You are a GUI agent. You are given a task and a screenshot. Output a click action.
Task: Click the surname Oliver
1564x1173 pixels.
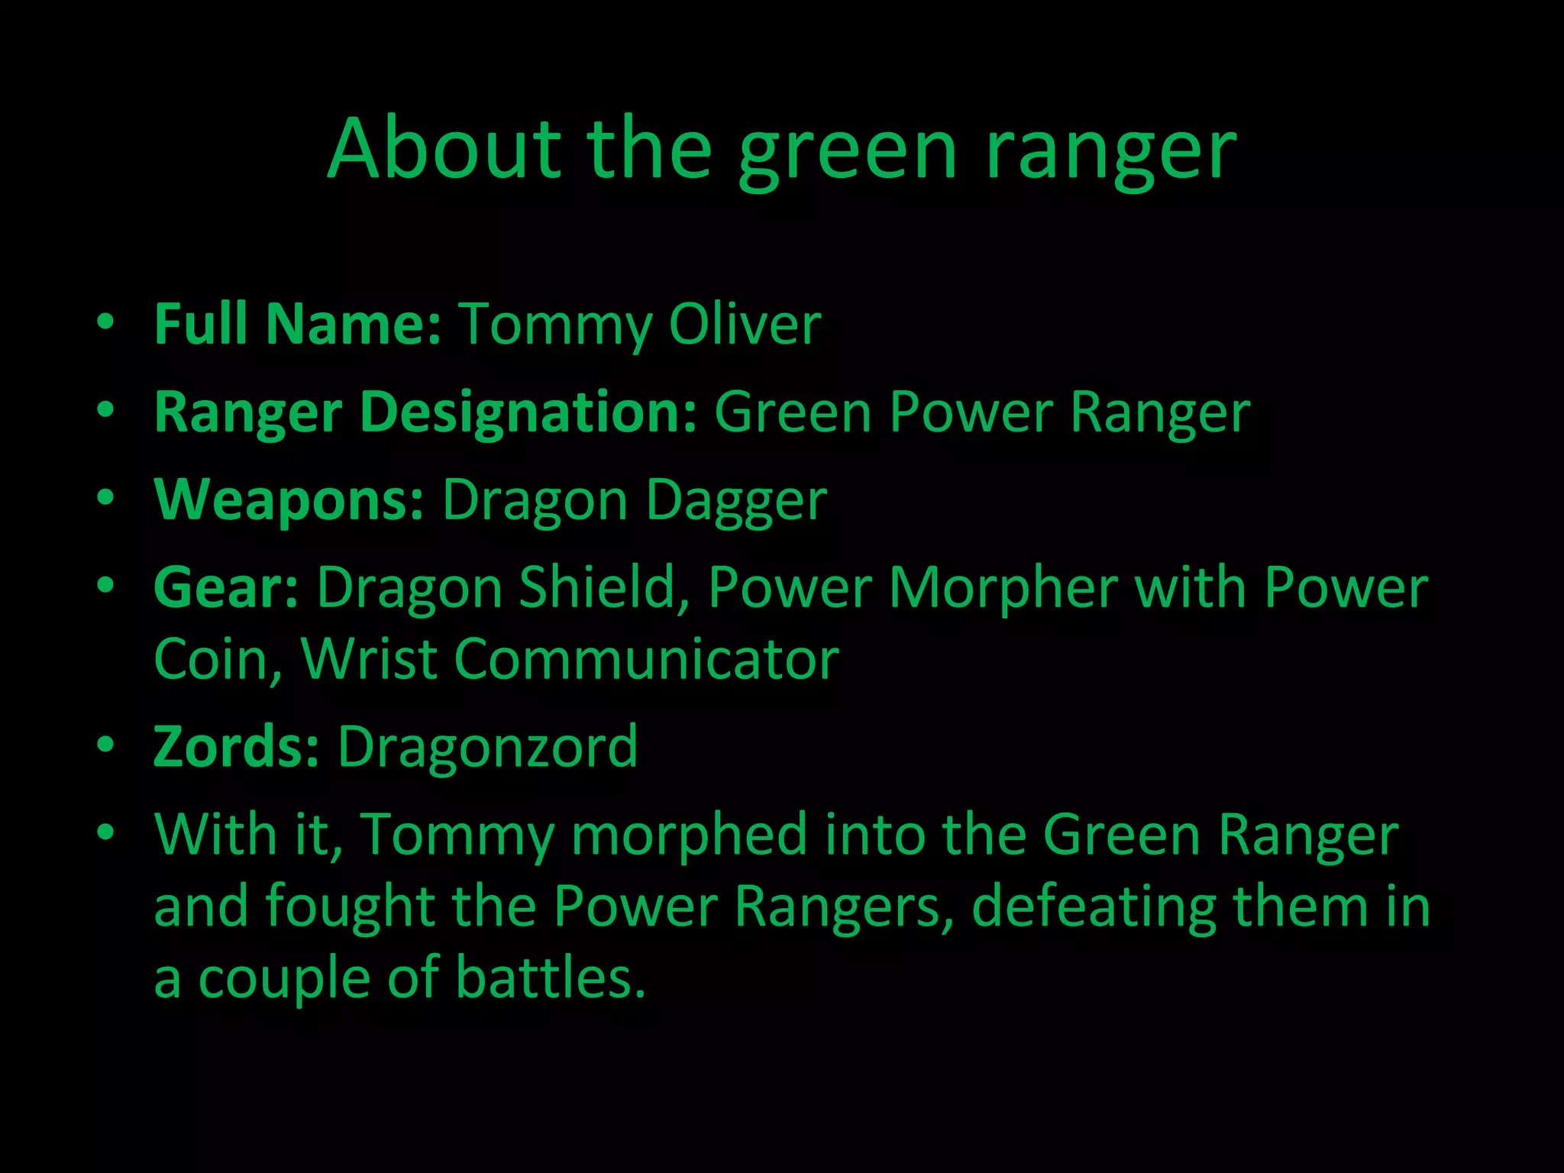745,324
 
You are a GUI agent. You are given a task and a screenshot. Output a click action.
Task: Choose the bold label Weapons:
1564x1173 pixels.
289,499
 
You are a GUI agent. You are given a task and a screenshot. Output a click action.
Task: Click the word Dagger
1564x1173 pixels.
736,501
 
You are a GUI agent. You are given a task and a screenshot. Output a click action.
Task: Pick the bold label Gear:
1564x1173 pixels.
226,587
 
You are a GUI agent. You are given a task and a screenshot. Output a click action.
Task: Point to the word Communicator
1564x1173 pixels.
647,658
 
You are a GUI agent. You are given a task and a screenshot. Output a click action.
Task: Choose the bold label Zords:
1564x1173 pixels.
236,746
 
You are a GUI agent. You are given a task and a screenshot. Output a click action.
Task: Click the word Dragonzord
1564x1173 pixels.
487,746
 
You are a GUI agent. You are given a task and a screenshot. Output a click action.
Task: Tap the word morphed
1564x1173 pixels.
689,834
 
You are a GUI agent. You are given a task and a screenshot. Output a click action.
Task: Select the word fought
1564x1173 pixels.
351,906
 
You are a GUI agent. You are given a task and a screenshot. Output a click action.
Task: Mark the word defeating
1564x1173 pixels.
1094,906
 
